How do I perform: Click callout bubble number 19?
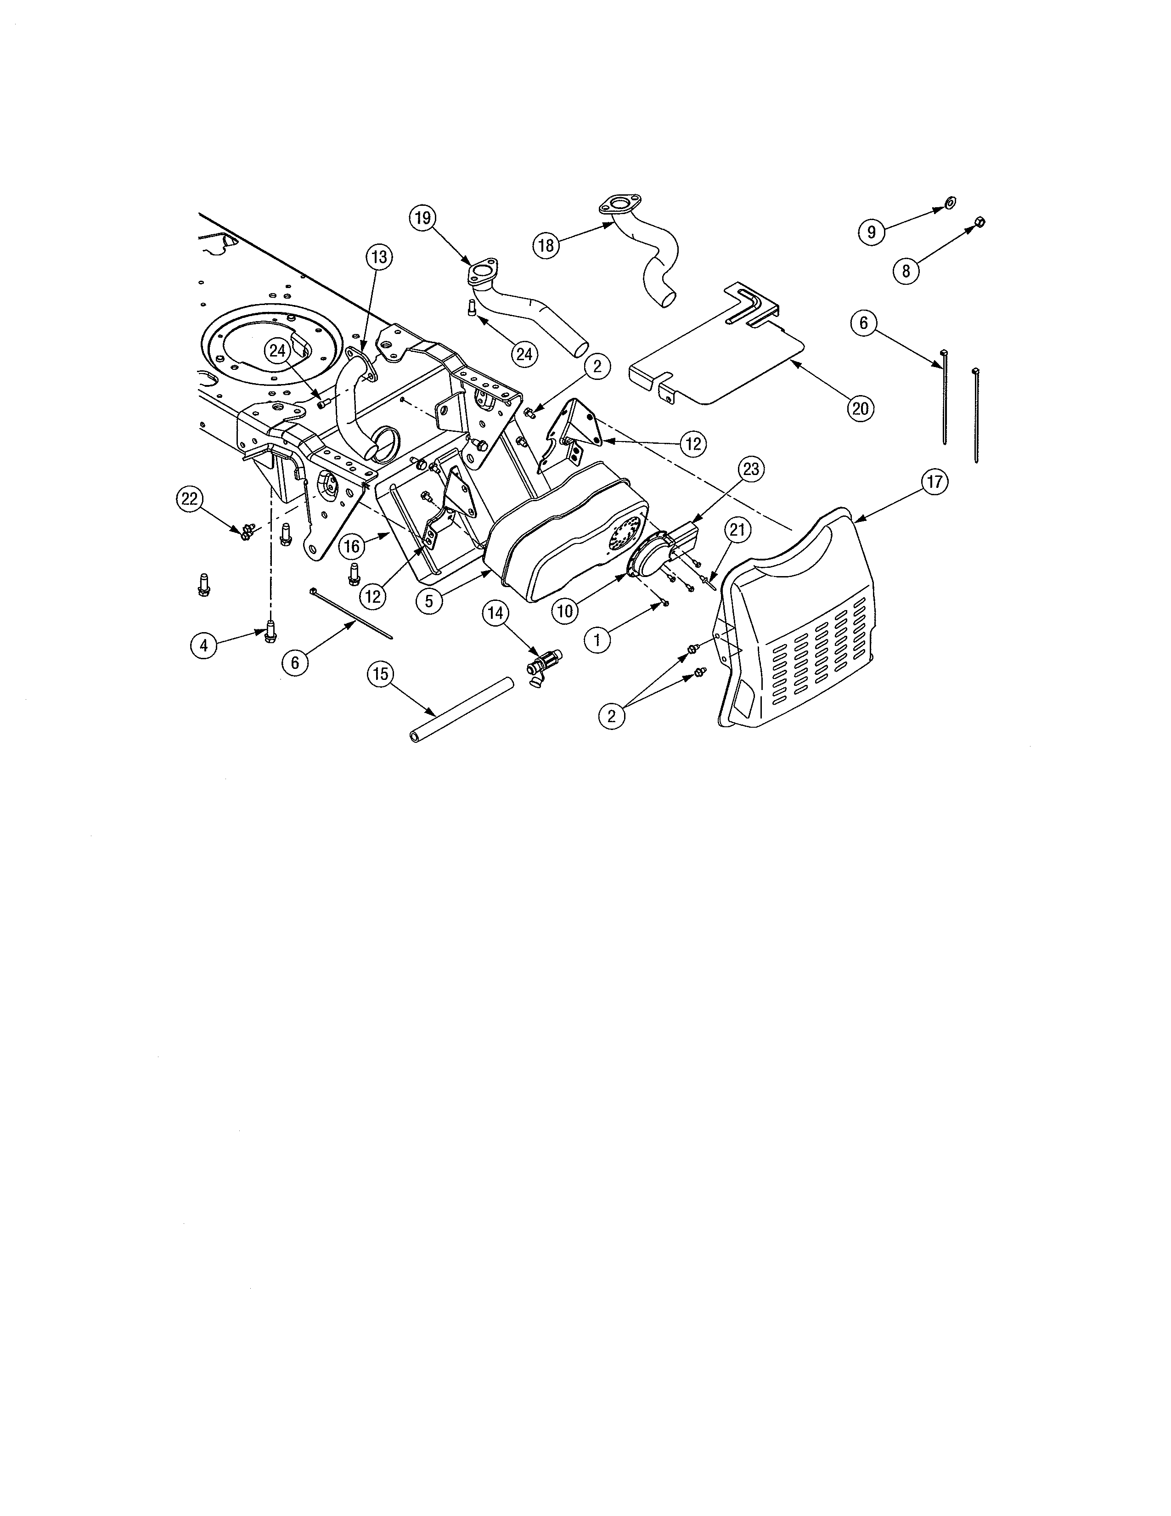(x=422, y=218)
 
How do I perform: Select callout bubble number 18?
(x=546, y=245)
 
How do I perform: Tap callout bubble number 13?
(x=379, y=257)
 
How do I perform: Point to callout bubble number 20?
(x=860, y=408)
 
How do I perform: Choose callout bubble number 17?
(x=935, y=482)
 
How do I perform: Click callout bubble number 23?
(x=751, y=469)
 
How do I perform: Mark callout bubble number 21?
(x=737, y=530)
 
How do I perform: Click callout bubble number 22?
(x=189, y=498)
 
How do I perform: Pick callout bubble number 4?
(x=203, y=645)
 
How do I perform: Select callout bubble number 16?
(x=352, y=546)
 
